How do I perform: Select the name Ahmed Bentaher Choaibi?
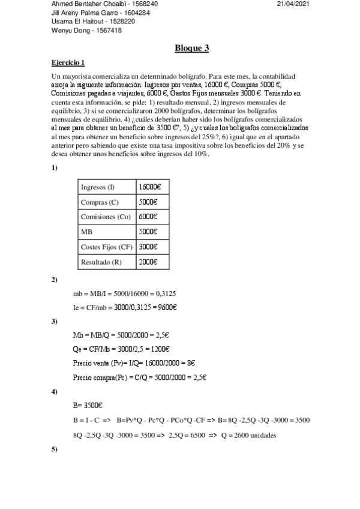pyautogui.click(x=79, y=4)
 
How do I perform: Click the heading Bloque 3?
pyautogui.click(x=191, y=49)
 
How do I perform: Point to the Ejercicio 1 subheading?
pyautogui.click(x=68, y=62)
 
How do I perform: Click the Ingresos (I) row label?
pyautogui.click(x=98, y=187)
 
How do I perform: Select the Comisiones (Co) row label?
pyautogui.click(x=105, y=217)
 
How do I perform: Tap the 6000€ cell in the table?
pyautogui.click(x=148, y=217)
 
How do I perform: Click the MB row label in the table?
pyautogui.click(x=86, y=232)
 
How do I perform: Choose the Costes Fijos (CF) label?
pyautogui.click(x=107, y=247)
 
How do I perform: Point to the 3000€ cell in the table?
pyautogui.click(x=148, y=247)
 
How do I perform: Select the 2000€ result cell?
pyautogui.click(x=148, y=262)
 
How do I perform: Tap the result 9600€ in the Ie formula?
pyautogui.click(x=167, y=307)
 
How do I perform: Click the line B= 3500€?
pyautogui.click(x=88, y=405)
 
